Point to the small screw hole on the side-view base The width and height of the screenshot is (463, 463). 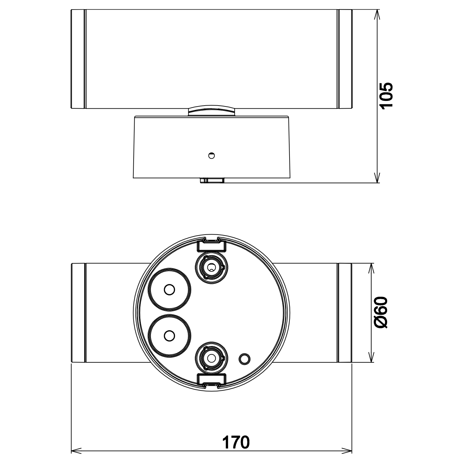[x=211, y=156]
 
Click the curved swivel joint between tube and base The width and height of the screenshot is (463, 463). [x=211, y=110]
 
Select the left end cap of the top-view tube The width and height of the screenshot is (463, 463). [x=78, y=59]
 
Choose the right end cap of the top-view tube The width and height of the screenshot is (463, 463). [x=345, y=59]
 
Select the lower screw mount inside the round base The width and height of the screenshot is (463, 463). [x=211, y=358]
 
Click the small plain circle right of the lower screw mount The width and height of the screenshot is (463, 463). [x=244, y=359]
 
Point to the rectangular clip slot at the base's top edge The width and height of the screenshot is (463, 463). [x=211, y=244]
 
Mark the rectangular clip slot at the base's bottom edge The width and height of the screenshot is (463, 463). [x=211, y=380]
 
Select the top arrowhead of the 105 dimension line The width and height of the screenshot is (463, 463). [x=377, y=14]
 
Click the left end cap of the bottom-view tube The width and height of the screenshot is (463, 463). [x=78, y=313]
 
